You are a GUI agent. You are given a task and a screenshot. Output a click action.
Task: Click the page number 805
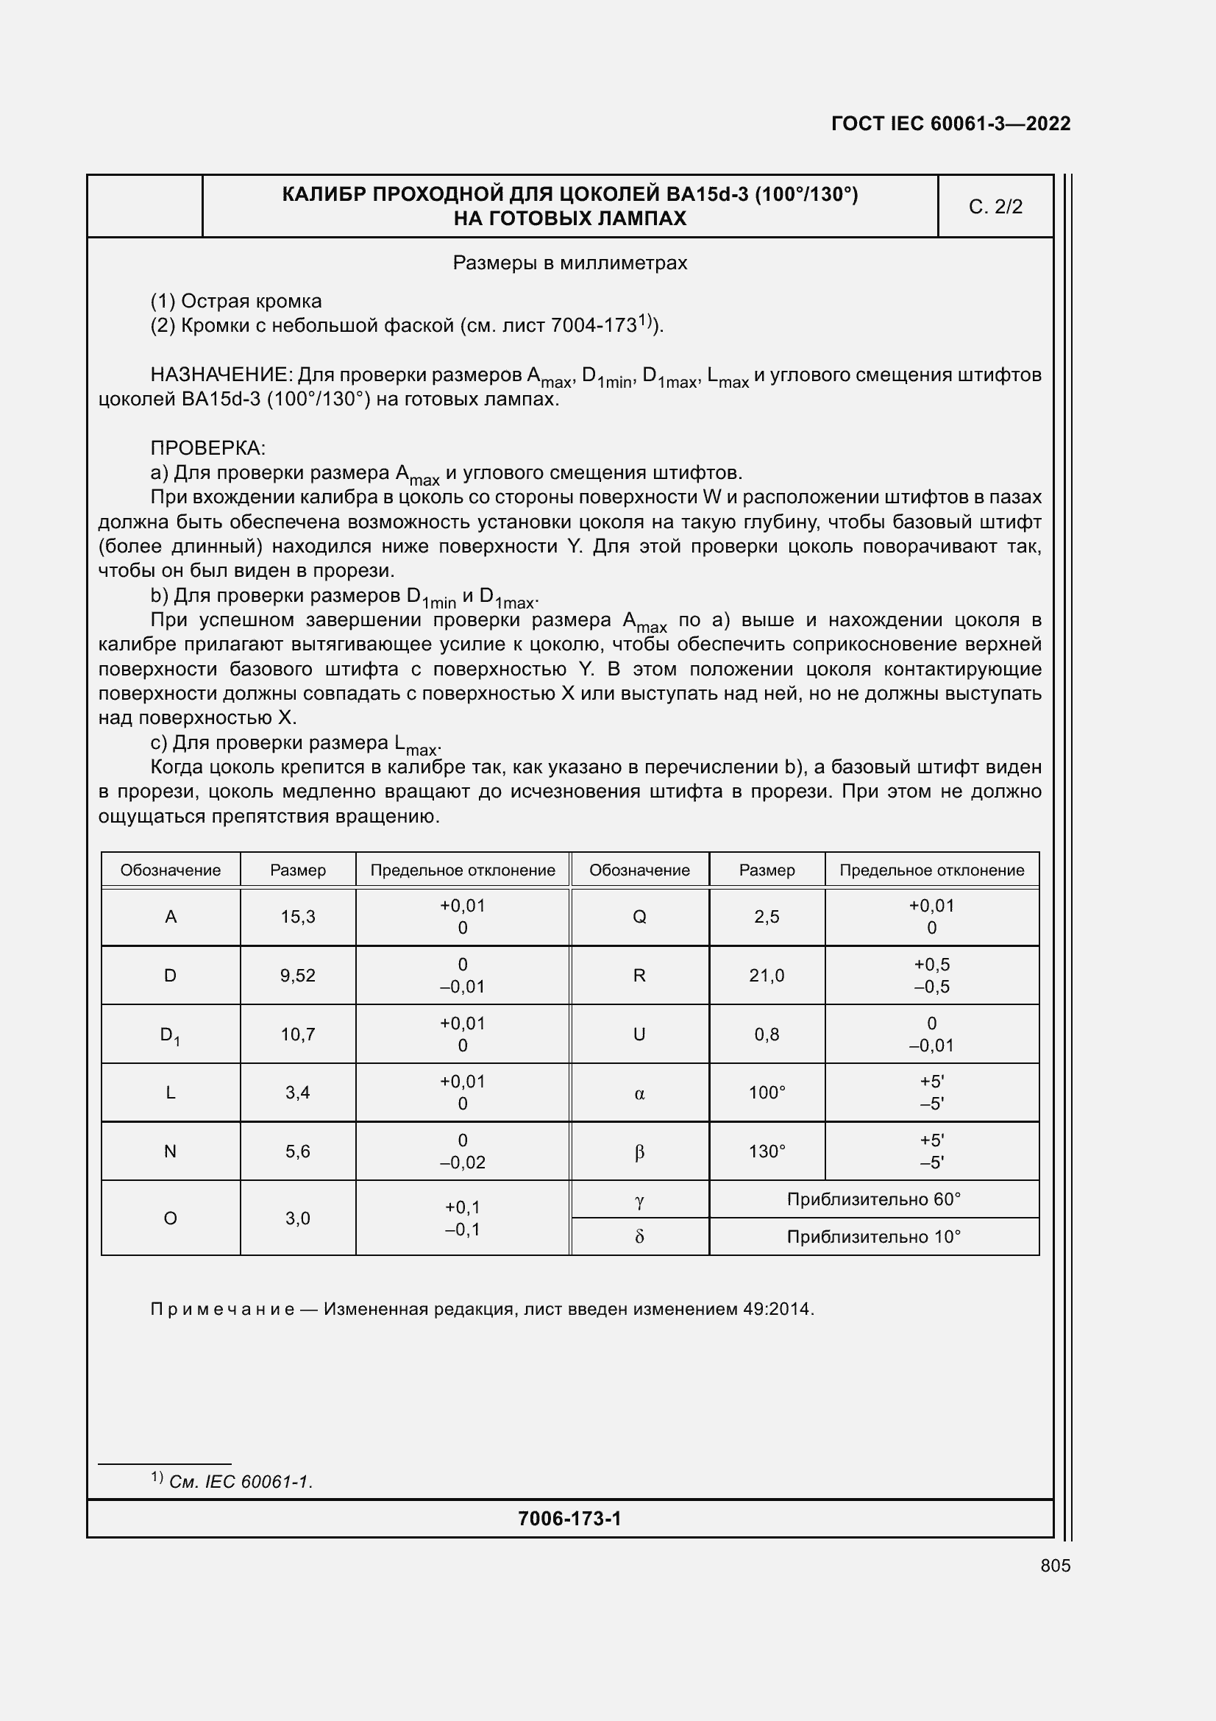pyautogui.click(x=1055, y=1565)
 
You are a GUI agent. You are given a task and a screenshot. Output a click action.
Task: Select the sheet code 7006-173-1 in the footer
pyautogui.click(x=569, y=1519)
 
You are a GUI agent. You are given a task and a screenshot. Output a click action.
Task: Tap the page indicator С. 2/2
pyautogui.click(x=995, y=207)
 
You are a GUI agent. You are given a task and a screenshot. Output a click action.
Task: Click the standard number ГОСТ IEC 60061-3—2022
pyautogui.click(x=950, y=124)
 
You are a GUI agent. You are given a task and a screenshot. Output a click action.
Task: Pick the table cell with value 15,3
pyautogui.click(x=297, y=916)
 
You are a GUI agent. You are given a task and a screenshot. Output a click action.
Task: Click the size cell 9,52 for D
pyautogui.click(x=297, y=975)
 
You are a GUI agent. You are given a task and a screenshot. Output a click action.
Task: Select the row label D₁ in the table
pyautogui.click(x=170, y=1035)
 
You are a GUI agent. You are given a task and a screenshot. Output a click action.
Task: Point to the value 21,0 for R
pyautogui.click(x=767, y=975)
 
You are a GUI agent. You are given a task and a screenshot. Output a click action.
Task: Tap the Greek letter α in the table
pyautogui.click(x=639, y=1093)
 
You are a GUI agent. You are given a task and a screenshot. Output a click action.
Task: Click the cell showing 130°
pyautogui.click(x=767, y=1152)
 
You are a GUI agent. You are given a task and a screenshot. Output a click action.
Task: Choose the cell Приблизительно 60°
pyautogui.click(x=873, y=1199)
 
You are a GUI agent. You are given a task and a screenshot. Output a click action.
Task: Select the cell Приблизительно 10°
pyautogui.click(x=873, y=1237)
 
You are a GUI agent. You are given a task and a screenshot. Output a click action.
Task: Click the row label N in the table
pyautogui.click(x=170, y=1152)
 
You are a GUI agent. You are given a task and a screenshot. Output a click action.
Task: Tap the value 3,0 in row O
pyautogui.click(x=297, y=1218)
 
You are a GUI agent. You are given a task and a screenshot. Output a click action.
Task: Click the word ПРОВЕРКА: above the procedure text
pyautogui.click(x=207, y=448)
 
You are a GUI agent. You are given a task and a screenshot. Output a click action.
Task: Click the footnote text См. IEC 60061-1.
pyautogui.click(x=241, y=1482)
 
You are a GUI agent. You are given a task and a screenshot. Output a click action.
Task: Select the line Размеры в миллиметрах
pyautogui.click(x=569, y=263)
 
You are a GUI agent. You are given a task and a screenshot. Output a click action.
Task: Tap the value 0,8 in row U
pyautogui.click(x=767, y=1035)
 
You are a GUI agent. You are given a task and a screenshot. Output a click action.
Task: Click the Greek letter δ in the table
pyautogui.click(x=639, y=1237)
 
